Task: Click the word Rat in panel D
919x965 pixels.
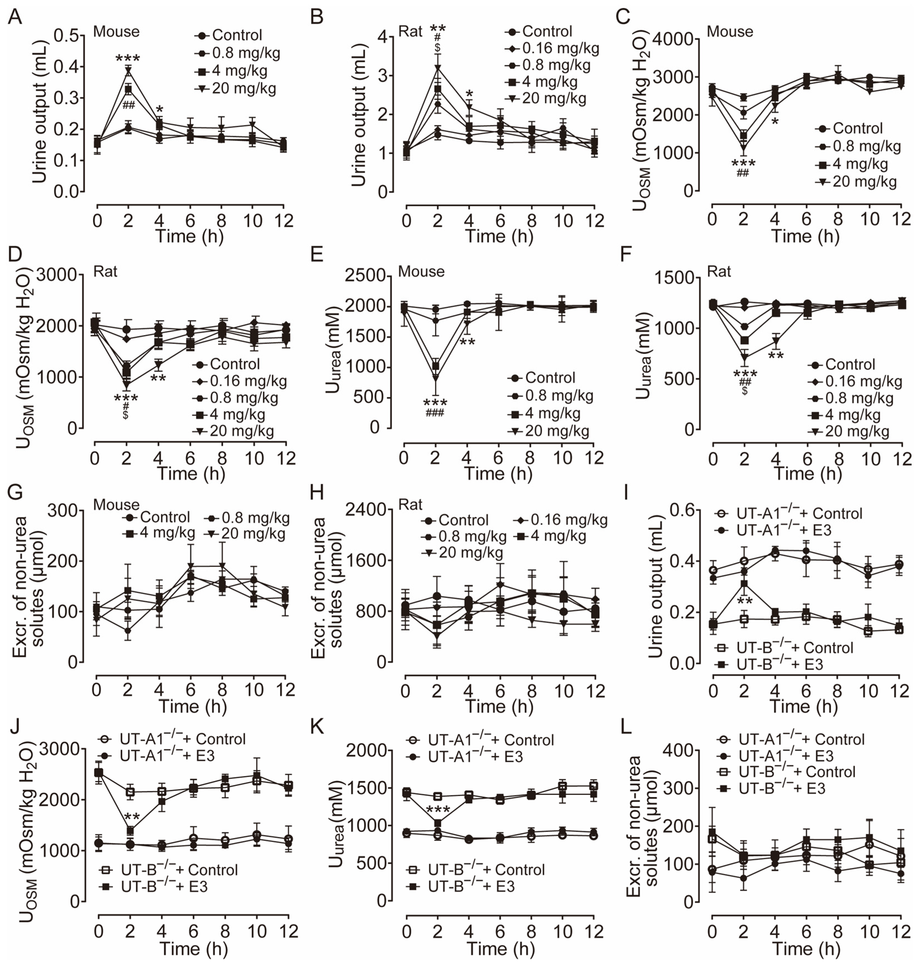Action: click(x=105, y=271)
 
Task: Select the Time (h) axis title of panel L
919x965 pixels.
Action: click(x=806, y=948)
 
